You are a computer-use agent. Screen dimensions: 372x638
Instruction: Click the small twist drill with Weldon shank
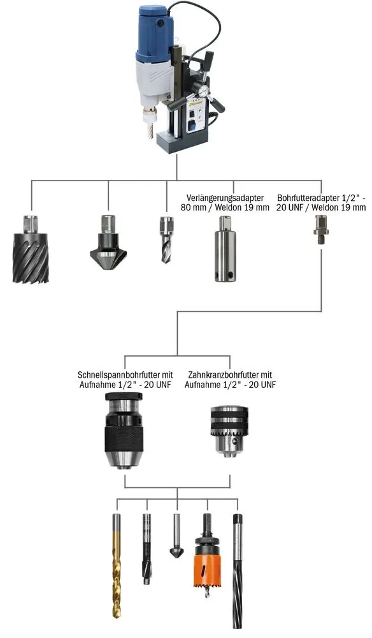click(166, 239)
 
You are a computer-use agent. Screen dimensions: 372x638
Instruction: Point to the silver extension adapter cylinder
click(225, 249)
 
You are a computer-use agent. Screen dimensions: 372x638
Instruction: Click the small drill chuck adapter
click(321, 230)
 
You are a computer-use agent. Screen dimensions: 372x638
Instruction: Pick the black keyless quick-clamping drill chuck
click(124, 431)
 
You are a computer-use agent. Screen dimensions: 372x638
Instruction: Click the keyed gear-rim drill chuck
click(229, 429)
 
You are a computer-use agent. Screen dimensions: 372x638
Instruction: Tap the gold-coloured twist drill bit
click(117, 565)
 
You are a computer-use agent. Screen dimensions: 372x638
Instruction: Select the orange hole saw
click(207, 556)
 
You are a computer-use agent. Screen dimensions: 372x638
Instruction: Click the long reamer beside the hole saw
click(238, 571)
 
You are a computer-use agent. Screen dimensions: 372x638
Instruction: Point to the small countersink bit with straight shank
click(176, 537)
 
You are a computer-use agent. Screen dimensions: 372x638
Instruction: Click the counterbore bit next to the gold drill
click(147, 549)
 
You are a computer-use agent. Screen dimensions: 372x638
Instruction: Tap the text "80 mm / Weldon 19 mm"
click(225, 207)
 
